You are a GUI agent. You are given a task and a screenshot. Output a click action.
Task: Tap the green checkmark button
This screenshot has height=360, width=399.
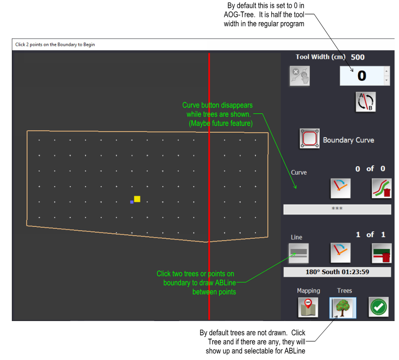point(378,308)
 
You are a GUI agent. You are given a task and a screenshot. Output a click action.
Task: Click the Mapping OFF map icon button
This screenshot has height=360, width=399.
point(308,308)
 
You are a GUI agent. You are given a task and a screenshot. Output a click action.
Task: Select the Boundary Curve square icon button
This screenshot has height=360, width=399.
point(310,139)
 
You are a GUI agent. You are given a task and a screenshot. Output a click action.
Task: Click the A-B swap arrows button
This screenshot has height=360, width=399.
point(365,101)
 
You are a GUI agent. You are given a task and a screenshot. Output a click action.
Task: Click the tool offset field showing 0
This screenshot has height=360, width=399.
point(362,76)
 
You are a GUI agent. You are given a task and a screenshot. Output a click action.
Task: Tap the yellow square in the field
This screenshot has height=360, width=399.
point(137,199)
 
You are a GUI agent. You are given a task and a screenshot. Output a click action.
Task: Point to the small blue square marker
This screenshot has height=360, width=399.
point(132,202)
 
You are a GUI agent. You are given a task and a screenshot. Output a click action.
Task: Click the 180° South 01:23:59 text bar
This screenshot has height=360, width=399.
point(337,272)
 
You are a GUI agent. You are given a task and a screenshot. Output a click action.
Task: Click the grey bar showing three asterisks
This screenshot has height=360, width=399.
point(337,209)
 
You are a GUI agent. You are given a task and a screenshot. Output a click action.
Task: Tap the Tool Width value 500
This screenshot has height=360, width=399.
point(358,57)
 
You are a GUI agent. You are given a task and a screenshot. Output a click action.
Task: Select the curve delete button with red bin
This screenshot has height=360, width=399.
point(381,188)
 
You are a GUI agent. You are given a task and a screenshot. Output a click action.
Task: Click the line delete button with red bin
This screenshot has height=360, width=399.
point(381,253)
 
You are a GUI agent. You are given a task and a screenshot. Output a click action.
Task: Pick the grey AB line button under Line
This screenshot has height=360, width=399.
point(299,253)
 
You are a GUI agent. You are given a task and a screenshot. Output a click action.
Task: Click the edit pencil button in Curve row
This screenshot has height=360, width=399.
point(340,188)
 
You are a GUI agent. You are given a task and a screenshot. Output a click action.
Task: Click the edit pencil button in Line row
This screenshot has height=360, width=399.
point(340,253)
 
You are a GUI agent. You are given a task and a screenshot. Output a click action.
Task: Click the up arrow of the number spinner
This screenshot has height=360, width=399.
point(386,72)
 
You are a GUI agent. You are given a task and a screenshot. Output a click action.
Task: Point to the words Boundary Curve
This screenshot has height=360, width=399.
point(348,140)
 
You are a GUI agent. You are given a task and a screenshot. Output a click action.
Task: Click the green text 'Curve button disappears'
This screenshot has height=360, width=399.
point(217,106)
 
